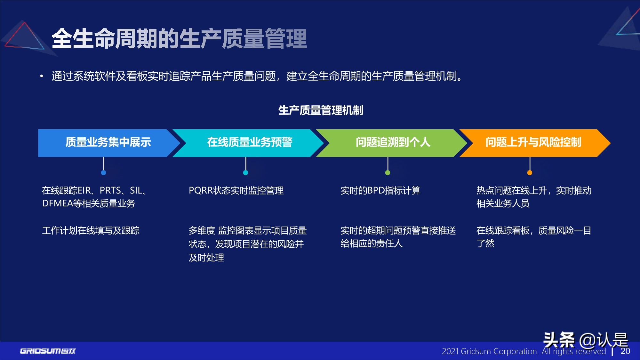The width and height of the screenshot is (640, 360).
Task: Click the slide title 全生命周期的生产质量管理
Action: coord(179,39)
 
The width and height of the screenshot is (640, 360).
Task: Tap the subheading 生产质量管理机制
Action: coord(320,110)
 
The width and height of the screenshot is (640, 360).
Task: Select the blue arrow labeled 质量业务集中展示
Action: coord(108,143)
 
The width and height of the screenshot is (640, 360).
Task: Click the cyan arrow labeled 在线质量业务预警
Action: coord(250,143)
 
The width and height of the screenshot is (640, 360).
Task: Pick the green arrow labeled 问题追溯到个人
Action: coord(393,143)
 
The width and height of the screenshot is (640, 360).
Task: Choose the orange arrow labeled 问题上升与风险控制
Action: coord(533,143)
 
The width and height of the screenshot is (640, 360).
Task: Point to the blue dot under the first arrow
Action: coord(103,173)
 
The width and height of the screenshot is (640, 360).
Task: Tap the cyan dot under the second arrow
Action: coord(245,173)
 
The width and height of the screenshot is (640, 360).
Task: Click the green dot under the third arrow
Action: coord(388,173)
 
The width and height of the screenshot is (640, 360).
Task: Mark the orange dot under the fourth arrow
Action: coord(530,173)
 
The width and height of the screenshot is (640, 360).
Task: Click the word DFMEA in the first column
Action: coord(57,204)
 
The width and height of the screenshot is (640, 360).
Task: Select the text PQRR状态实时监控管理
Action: coord(236,191)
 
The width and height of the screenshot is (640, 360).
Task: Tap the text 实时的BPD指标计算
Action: coord(380,191)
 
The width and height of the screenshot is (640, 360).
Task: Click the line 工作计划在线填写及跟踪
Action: coord(91,231)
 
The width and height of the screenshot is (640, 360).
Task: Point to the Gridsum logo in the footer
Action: coord(48,351)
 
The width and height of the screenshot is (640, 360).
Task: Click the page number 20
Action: coord(625,351)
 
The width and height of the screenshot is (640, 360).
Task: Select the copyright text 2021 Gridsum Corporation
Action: coord(490,352)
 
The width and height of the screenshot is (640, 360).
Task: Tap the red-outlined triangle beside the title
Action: coord(24,37)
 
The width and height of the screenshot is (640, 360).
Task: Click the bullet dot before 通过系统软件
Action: coord(41,76)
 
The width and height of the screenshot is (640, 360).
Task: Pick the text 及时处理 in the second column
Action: coord(206,258)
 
